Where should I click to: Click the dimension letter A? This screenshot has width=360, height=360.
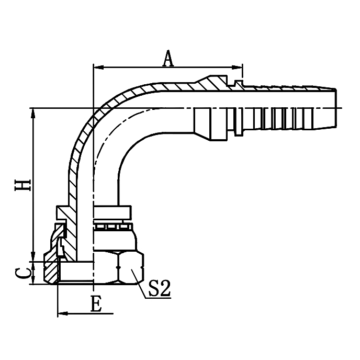[167, 59]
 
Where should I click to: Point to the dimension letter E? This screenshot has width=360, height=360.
[96, 305]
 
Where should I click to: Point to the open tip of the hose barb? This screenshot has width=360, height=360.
[333, 107]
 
